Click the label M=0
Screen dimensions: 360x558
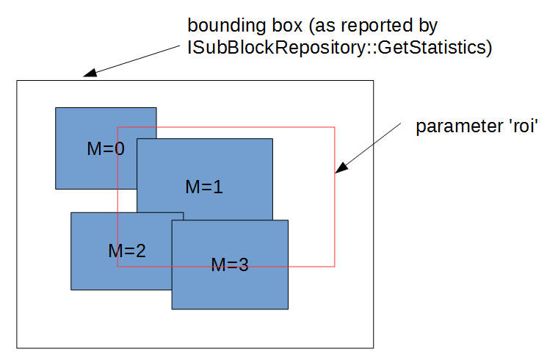pyautogui.click(x=105, y=148)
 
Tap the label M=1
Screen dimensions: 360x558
pyautogui.click(x=203, y=187)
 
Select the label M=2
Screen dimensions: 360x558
pyautogui.click(x=126, y=251)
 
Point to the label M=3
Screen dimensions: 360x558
pyautogui.click(x=230, y=265)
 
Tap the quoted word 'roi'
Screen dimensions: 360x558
pyautogui.click(x=521, y=126)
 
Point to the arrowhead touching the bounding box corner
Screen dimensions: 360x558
pyautogui.click(x=87, y=73)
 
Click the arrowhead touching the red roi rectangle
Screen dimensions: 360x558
pyautogui.click(x=340, y=170)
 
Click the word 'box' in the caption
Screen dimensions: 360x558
pyautogui.click(x=280, y=26)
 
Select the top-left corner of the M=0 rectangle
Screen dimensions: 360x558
pyautogui.click(x=56, y=108)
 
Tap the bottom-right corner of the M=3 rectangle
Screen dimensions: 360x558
pyautogui.click(x=288, y=309)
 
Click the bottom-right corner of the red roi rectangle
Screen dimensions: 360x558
pyautogui.click(x=335, y=267)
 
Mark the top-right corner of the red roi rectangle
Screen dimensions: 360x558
pyautogui.click(x=335, y=127)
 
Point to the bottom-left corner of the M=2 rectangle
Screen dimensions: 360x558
pyautogui.click(x=71, y=289)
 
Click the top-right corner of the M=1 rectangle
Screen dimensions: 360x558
pyautogui.click(x=272, y=139)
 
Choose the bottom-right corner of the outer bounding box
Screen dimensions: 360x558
pyautogui.click(x=374, y=348)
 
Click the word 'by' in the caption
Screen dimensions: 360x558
pyautogui.click(x=429, y=26)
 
